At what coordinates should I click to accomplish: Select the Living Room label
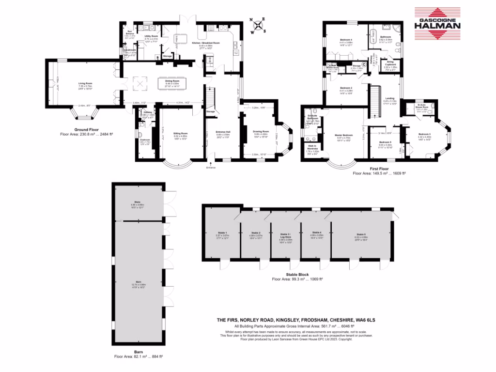(x=85, y=83)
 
